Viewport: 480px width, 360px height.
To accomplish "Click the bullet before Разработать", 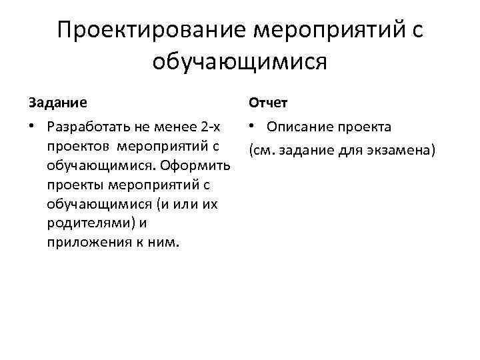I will pyautogui.click(x=31, y=127).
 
